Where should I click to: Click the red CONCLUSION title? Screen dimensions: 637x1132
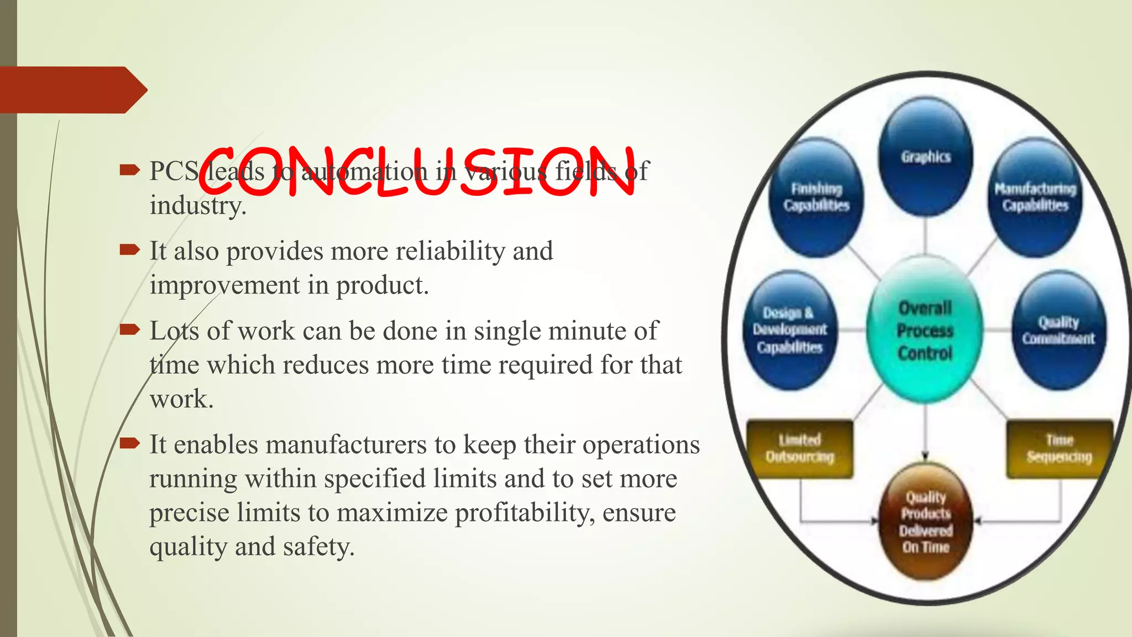coord(417,171)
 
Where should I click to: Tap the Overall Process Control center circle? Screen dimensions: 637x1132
coord(925,331)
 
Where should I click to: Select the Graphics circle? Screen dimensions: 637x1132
coord(926,156)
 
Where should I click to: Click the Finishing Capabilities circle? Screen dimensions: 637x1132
coord(816,197)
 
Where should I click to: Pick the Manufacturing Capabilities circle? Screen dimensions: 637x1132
coord(1035,197)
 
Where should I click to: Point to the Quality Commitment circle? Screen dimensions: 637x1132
coord(1058,330)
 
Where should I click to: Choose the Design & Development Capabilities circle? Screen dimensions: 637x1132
coord(790,330)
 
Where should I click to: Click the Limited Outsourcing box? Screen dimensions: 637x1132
coord(799,448)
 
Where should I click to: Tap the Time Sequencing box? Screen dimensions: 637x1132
coord(1059,448)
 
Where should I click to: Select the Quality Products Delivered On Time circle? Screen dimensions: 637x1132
coord(926,522)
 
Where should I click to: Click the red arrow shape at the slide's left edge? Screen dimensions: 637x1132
coord(72,90)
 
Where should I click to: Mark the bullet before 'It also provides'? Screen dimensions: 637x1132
coord(129,250)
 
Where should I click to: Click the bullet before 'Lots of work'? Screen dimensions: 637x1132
coord(129,330)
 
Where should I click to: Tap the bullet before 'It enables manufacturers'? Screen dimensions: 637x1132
coord(129,443)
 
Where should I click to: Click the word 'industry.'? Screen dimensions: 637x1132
coord(198,206)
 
